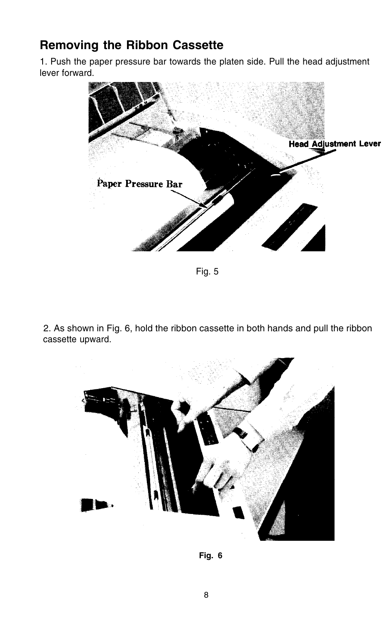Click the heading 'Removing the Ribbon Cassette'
(x=131, y=45)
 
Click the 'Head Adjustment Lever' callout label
(x=335, y=144)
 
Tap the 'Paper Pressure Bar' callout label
(x=140, y=184)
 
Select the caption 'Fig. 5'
(x=207, y=272)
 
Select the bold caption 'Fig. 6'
(x=211, y=556)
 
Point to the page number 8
(x=206, y=595)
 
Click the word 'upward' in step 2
(x=97, y=339)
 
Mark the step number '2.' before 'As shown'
(x=48, y=328)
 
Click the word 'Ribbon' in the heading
(x=148, y=45)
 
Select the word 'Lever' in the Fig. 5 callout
(x=370, y=144)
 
